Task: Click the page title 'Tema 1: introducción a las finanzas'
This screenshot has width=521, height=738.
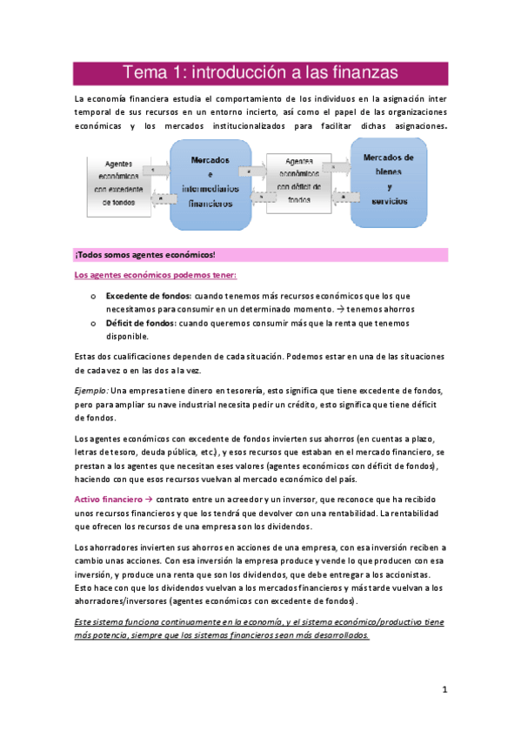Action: coord(260,71)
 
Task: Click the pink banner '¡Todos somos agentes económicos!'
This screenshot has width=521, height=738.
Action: coord(144,255)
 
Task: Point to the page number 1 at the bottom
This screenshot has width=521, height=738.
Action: coord(444,690)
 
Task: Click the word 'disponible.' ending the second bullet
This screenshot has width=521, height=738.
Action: coord(128,337)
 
